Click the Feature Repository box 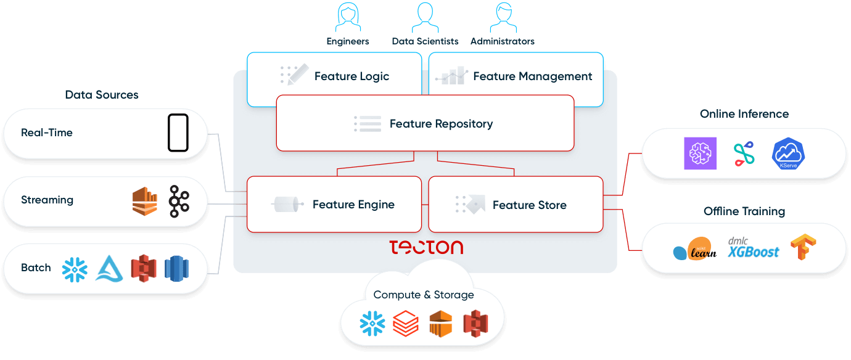[x=425, y=123]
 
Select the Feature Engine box [x=334, y=205]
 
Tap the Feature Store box [x=516, y=205]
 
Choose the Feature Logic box [x=334, y=76]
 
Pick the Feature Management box [x=516, y=76]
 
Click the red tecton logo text [x=426, y=247]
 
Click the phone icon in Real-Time [x=178, y=133]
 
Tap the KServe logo [x=789, y=153]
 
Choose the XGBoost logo [x=753, y=248]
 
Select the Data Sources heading [x=102, y=95]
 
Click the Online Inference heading [x=744, y=114]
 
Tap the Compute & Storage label [x=424, y=295]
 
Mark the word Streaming [x=47, y=200]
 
